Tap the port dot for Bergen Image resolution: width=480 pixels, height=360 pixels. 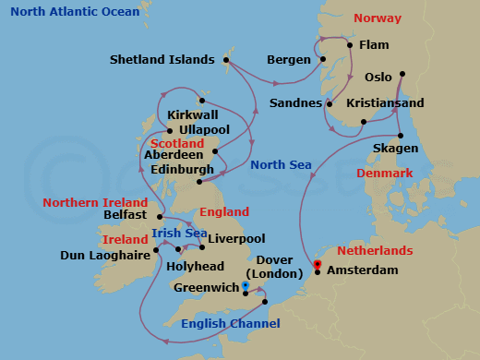[324, 60]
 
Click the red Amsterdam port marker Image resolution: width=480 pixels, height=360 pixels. [318, 266]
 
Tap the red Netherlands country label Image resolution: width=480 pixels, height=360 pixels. [374, 251]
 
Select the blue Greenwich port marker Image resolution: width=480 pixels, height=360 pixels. [245, 286]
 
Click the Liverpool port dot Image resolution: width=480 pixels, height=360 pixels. [202, 247]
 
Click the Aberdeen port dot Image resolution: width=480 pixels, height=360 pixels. [215, 152]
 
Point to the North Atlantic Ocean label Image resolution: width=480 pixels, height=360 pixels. [70, 12]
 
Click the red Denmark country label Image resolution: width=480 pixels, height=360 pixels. [384, 174]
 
